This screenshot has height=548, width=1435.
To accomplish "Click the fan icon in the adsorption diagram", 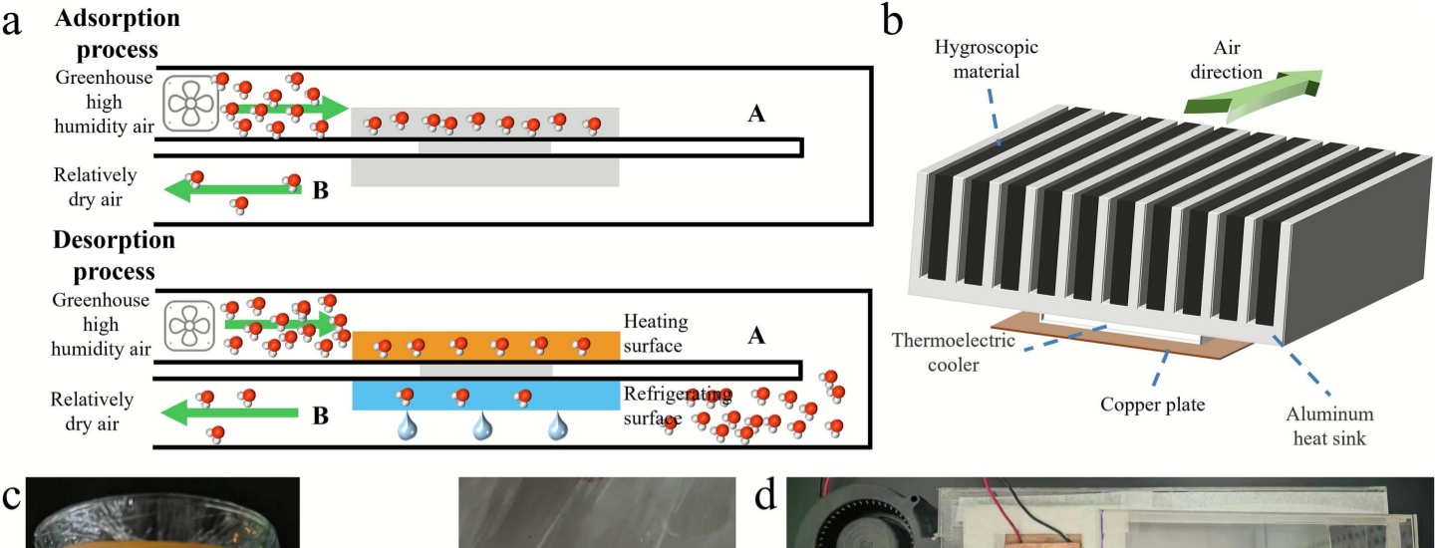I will (x=189, y=102).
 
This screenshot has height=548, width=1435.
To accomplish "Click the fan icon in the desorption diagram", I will (x=189, y=324).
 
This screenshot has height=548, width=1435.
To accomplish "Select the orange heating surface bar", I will (x=485, y=346).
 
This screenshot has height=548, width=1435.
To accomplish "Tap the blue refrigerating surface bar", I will (x=485, y=396).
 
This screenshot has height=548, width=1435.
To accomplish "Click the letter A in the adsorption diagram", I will (x=756, y=116).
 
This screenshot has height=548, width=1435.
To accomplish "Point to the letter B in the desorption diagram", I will (x=320, y=416).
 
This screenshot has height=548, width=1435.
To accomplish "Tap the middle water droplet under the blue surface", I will (x=483, y=427).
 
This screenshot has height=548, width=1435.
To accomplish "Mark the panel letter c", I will (x=11, y=496).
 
